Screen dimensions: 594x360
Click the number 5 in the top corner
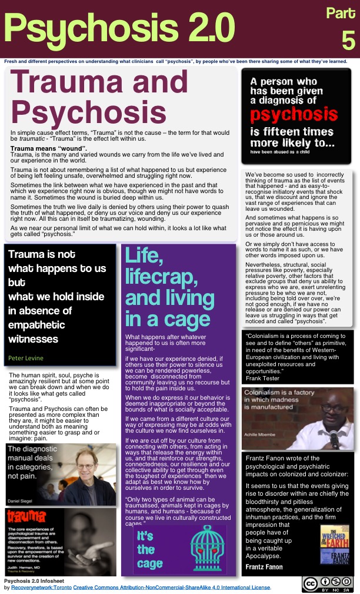click(x=348, y=40)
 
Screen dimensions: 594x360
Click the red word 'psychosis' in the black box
click(x=295, y=114)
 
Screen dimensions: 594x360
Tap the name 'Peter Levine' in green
click(x=26, y=357)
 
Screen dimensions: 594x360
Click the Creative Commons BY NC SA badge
click(x=328, y=583)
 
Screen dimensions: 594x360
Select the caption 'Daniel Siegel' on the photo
click(x=23, y=500)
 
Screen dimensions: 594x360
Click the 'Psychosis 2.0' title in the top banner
click(x=119, y=26)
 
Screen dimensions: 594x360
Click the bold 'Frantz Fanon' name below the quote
click(x=264, y=567)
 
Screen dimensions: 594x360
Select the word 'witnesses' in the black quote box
click(x=33, y=339)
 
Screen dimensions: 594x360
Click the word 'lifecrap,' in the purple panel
click(x=160, y=277)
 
